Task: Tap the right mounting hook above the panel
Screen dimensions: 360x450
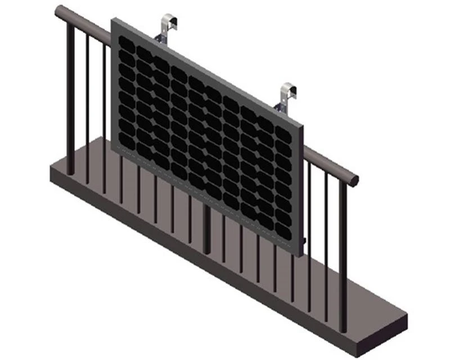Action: point(289,92)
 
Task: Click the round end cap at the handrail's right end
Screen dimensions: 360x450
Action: point(354,180)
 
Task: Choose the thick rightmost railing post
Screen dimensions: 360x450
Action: point(343,253)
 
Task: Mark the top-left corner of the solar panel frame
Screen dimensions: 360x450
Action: point(114,21)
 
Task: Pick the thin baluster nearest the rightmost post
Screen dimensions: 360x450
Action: point(326,242)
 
